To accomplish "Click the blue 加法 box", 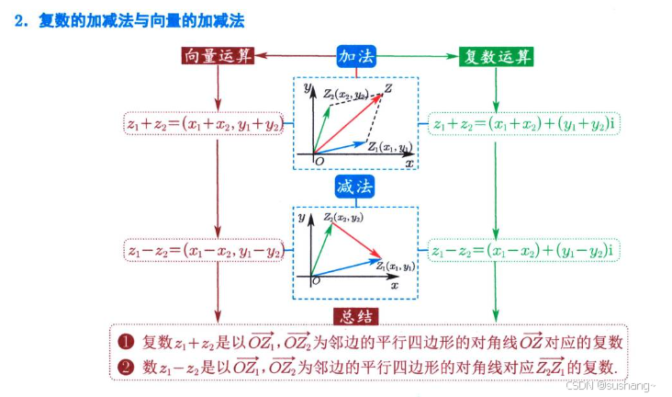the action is pos(355,56).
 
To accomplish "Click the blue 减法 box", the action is pos(355,187).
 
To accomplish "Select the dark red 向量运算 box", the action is pos(217,56).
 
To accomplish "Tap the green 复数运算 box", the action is pos(496,56).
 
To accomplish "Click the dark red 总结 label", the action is pos(355,317).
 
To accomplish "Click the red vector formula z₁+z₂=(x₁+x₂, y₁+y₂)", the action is pos(203,123).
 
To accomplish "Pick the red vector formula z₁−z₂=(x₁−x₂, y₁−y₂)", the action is pos(203,249).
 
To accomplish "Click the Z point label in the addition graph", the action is pos(389,88).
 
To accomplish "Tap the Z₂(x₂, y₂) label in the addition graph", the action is pos(345,94).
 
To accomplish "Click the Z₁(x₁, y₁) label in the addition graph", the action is pos(388,147).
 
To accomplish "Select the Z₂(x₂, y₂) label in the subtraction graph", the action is pos(342,218).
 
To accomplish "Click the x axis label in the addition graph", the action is pos(409,162).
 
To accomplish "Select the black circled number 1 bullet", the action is pos(128,342).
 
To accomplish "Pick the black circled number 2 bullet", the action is pos(128,366).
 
